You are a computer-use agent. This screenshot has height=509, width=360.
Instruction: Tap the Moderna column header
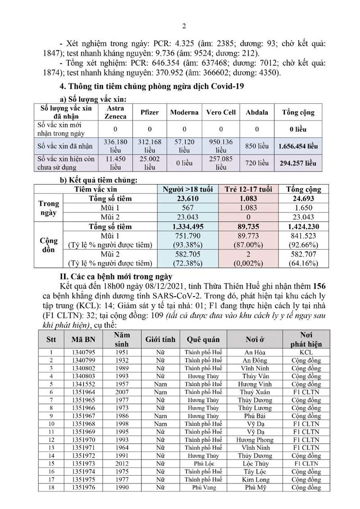[184, 113]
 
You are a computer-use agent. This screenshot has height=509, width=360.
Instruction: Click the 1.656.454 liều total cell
[298, 146]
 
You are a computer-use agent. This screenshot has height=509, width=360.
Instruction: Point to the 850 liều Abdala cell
[257, 146]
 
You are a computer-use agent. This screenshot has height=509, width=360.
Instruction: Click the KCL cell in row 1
[306, 352]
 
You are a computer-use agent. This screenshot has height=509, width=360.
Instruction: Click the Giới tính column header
[160, 339]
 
